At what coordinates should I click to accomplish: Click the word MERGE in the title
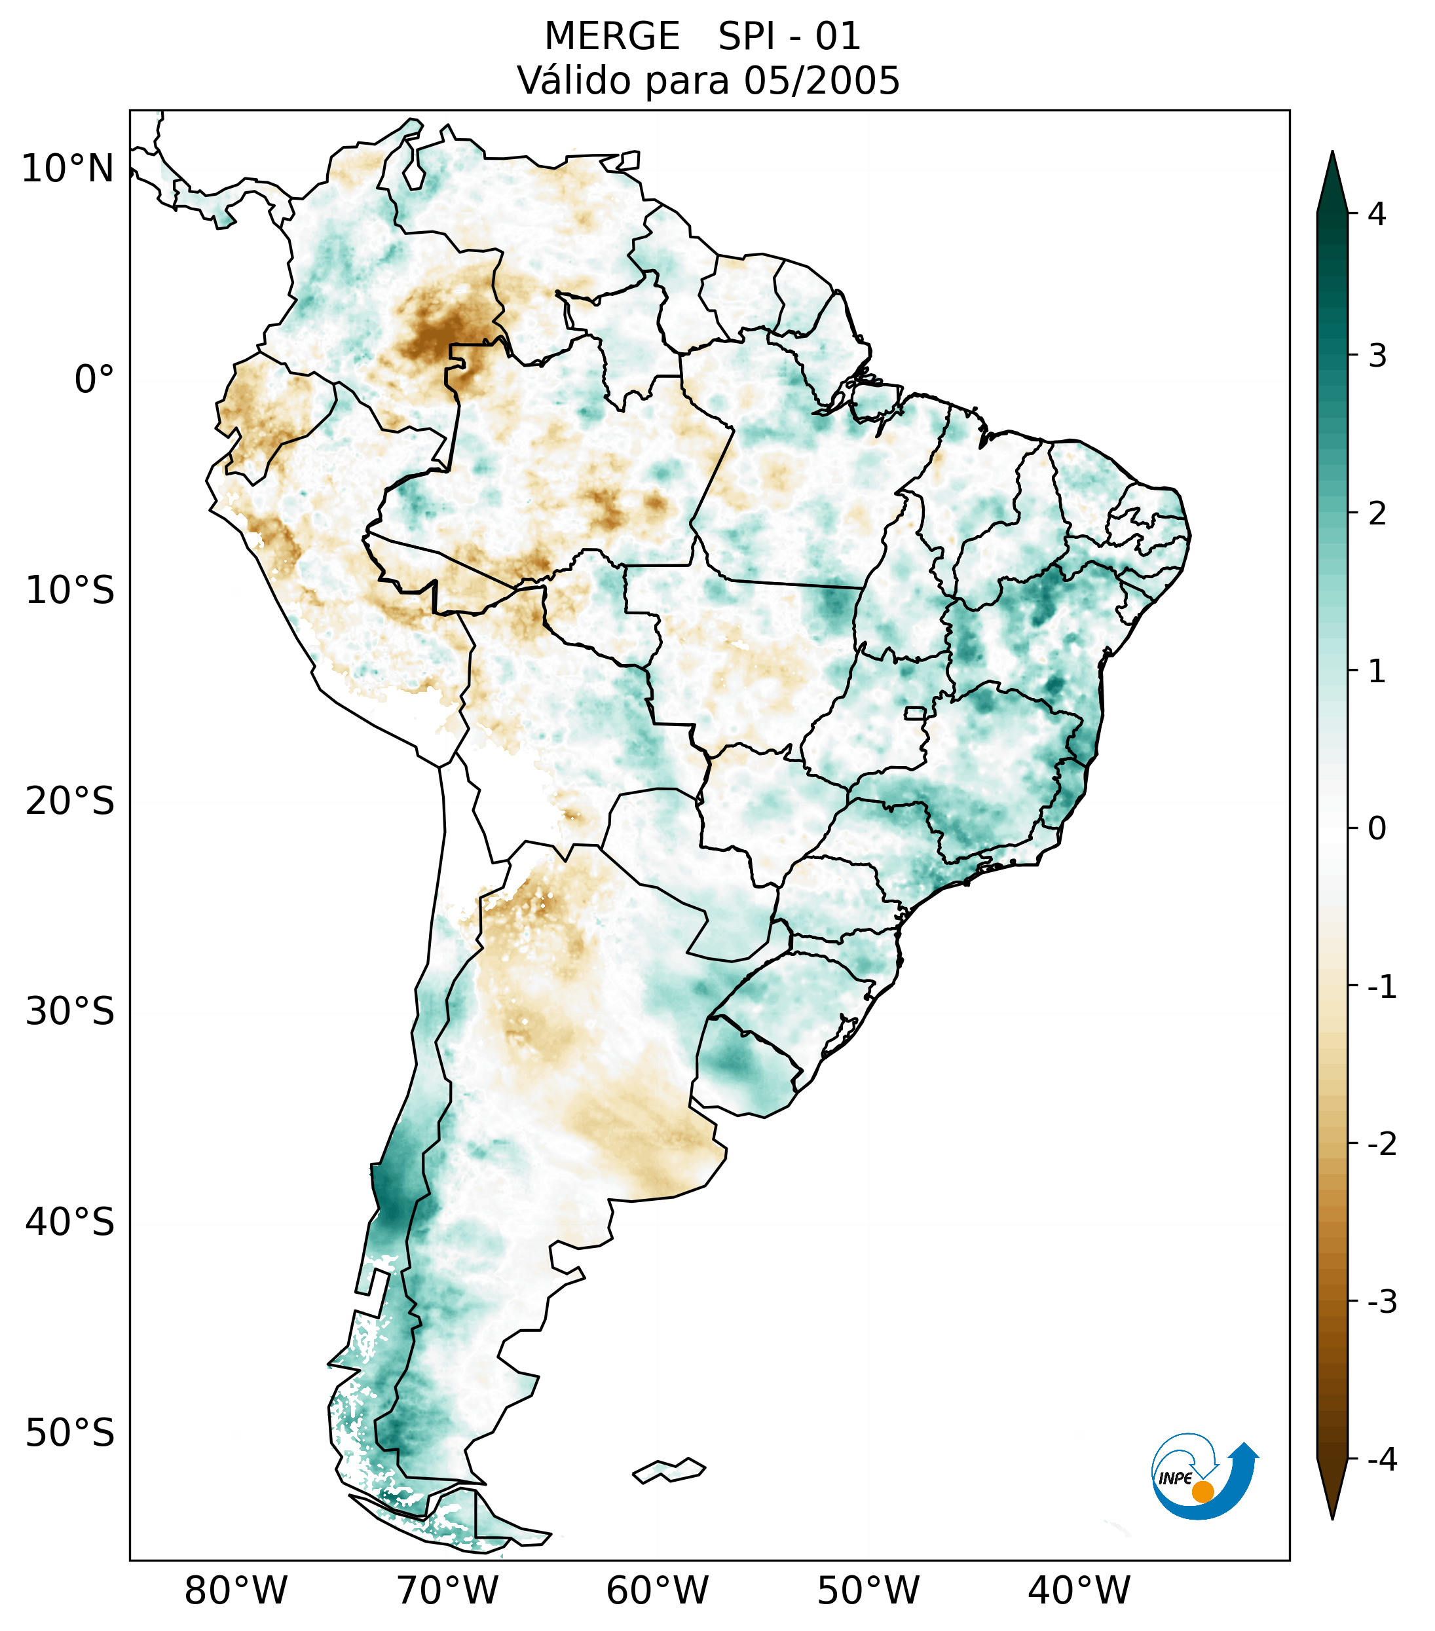tap(612, 37)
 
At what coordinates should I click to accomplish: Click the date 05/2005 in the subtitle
tap(821, 81)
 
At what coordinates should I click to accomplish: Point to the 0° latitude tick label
tap(94, 380)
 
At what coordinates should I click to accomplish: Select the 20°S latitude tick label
tap(70, 801)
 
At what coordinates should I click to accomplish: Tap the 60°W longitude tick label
tap(657, 1591)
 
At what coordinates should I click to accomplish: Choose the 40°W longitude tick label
tap(1079, 1591)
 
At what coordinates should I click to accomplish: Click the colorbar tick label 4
tap(1377, 214)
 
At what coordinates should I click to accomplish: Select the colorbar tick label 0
tap(1377, 829)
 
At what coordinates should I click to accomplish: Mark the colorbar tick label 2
tap(1377, 514)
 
